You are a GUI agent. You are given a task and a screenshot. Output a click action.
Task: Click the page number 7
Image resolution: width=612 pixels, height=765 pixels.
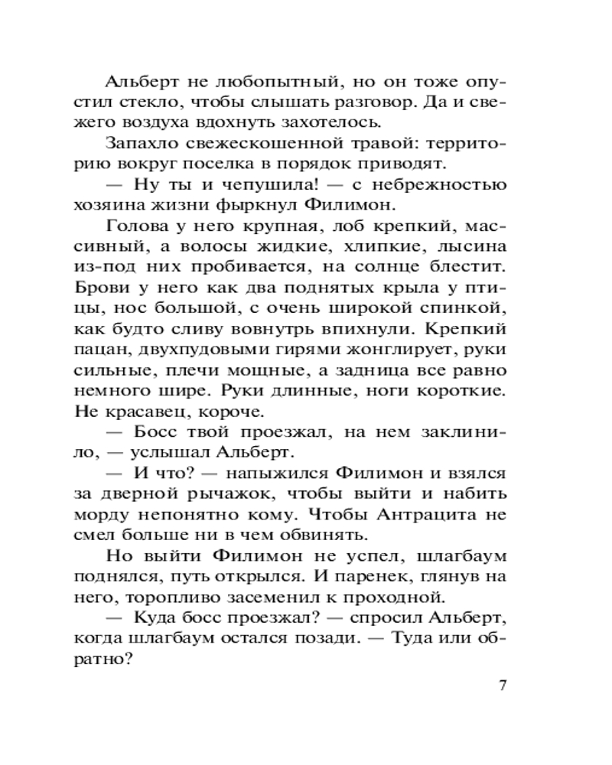click(503, 685)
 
